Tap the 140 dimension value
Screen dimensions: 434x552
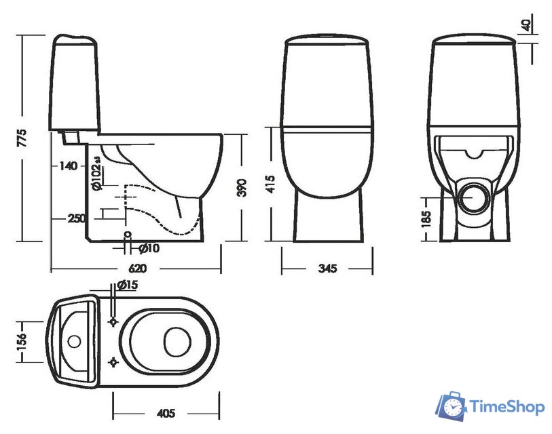pos(68,165)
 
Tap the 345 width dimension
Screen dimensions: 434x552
pos(328,269)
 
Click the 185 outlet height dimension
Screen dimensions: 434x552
pos(426,218)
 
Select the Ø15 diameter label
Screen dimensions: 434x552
pos(127,285)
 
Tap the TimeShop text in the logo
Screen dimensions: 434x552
pos(506,407)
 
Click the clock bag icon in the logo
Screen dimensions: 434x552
pos(450,406)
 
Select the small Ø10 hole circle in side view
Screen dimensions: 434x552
pos(127,235)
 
